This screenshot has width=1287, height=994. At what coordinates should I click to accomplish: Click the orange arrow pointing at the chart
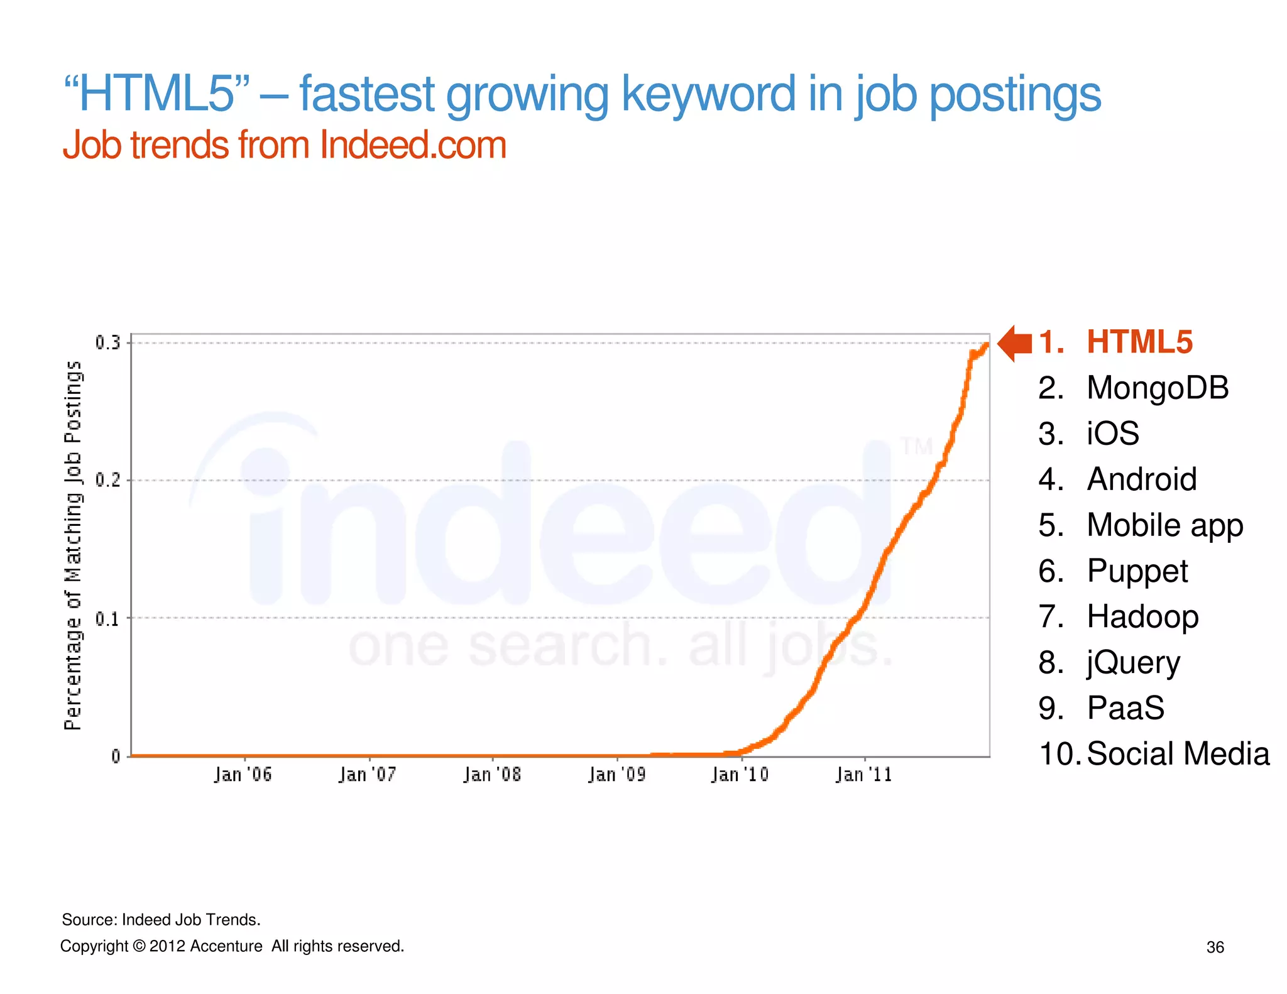1014,343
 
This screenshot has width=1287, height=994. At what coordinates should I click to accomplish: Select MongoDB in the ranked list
1157,388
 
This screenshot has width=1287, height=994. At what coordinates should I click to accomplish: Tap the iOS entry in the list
1112,434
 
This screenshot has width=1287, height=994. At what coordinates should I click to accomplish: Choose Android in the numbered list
1141,479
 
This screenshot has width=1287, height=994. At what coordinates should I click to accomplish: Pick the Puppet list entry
1137,571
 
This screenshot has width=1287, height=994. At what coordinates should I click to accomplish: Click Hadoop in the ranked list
1142,616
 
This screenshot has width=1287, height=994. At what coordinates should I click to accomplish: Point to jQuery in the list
1133,663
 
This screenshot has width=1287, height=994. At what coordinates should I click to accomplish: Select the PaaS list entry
1125,708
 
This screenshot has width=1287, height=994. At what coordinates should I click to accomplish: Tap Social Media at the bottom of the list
1178,754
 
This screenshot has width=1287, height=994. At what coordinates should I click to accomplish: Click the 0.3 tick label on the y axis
107,342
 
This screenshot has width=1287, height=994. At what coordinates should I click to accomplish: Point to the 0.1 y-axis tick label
107,619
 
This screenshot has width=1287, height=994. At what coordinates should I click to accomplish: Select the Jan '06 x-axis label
243,775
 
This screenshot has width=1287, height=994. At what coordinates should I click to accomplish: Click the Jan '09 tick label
616,775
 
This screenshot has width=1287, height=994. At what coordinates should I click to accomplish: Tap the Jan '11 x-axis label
863,775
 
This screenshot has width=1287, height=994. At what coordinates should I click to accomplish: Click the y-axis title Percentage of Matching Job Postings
74,545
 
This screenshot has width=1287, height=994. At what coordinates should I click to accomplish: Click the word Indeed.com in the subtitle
413,145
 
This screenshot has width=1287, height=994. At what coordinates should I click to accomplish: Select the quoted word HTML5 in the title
157,94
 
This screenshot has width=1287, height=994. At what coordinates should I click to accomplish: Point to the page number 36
1215,948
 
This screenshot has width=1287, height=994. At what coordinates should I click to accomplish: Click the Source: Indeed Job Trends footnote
161,920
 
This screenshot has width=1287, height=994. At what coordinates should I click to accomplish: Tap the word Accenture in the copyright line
226,946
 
